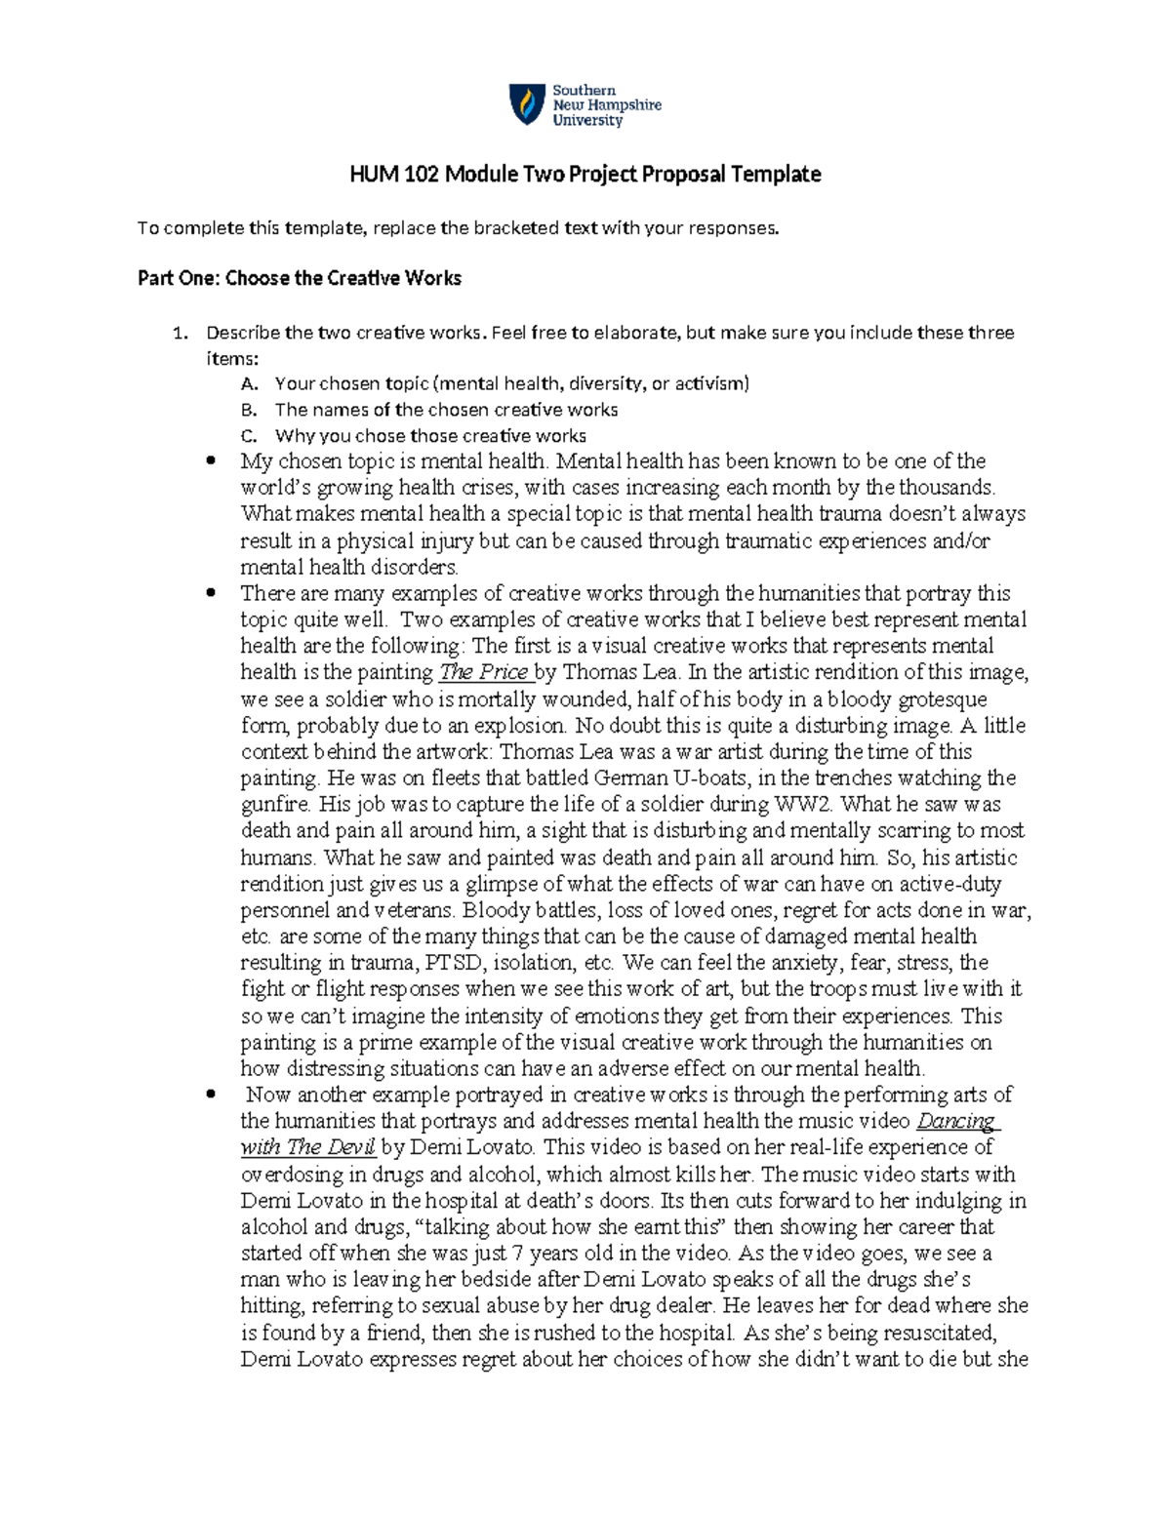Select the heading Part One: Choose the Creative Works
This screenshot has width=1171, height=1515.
tap(299, 278)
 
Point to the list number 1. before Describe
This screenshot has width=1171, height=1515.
tap(179, 333)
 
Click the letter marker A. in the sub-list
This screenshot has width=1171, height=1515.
tap(248, 383)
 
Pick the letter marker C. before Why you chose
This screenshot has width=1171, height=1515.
tap(248, 436)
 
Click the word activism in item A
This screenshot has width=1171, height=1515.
tap(709, 383)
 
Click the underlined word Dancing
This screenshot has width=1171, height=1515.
tap(956, 1121)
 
